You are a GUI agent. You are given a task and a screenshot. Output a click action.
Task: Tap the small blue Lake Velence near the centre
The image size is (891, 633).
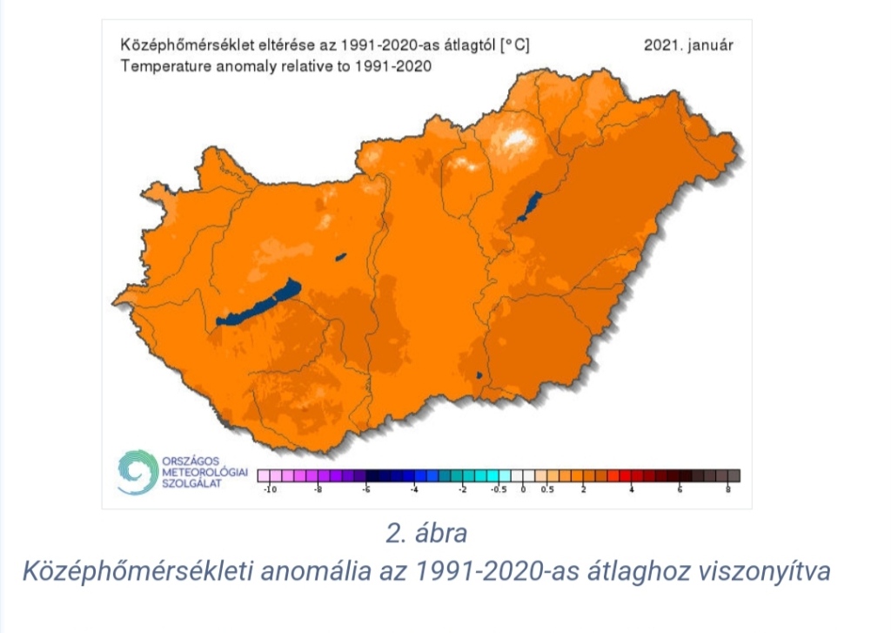click(x=340, y=257)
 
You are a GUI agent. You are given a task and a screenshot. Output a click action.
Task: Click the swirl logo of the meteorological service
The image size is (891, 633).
click(x=136, y=471)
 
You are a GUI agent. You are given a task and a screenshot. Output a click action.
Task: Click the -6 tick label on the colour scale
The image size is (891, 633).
click(x=366, y=490)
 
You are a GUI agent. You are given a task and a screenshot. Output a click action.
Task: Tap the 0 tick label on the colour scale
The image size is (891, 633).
click(x=523, y=490)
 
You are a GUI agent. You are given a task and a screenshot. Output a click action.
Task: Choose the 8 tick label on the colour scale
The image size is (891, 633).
click(x=727, y=490)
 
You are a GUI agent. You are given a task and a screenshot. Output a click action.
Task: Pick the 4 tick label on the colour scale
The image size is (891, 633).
click(x=632, y=490)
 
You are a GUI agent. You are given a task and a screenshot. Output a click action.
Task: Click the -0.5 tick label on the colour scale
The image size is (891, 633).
click(x=499, y=490)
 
